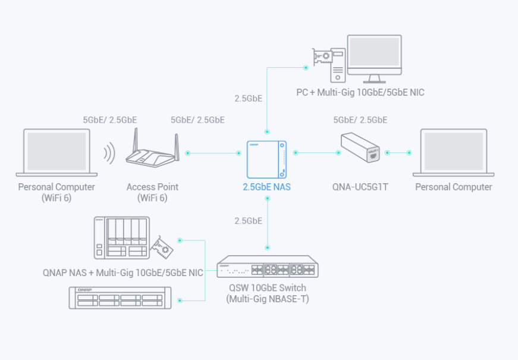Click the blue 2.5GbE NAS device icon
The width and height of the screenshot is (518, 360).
tap(266, 159)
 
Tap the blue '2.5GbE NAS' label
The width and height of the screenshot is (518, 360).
tap(266, 187)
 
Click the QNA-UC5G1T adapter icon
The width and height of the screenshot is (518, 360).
tap(360, 148)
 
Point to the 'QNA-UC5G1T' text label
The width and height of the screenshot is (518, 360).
tap(360, 187)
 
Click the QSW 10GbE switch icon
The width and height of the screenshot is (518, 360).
tap(268, 267)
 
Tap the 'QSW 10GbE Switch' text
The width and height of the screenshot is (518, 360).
tap(268, 287)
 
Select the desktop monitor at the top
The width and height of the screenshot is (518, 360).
tap(374, 59)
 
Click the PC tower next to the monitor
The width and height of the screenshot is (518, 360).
tap(338, 65)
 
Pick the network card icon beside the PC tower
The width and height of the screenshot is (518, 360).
tap(322, 57)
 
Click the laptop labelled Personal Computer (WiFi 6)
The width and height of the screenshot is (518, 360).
tap(56, 153)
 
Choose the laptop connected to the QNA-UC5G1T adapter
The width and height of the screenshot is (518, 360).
tap(454, 153)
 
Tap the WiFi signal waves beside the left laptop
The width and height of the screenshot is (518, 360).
tap(109, 153)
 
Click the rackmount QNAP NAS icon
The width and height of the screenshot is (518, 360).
tap(120, 298)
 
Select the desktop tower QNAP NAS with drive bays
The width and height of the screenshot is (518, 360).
tap(121, 237)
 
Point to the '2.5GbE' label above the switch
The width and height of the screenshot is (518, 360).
tap(249, 221)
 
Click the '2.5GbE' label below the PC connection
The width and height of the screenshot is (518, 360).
tap(249, 99)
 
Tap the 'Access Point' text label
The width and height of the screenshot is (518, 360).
tap(152, 187)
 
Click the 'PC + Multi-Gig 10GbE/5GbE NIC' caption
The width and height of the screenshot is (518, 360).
tap(360, 92)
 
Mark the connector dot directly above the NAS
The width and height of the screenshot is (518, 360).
tap(267, 132)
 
